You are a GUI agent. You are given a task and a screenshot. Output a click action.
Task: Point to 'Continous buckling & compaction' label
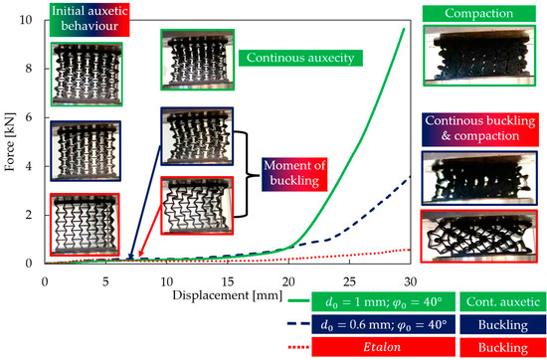[x=481, y=128]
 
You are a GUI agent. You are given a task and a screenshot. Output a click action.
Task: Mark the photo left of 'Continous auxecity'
[x=197, y=62]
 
